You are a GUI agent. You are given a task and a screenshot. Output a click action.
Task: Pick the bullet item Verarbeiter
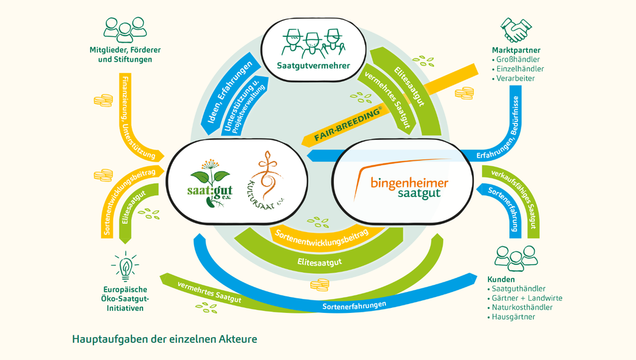(x=516, y=78)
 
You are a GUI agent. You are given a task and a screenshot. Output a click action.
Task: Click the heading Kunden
(x=501, y=279)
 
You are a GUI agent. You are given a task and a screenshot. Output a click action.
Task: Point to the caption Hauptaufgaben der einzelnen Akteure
(x=165, y=339)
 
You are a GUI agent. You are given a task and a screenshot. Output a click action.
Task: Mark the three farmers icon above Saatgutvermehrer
(x=312, y=41)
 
